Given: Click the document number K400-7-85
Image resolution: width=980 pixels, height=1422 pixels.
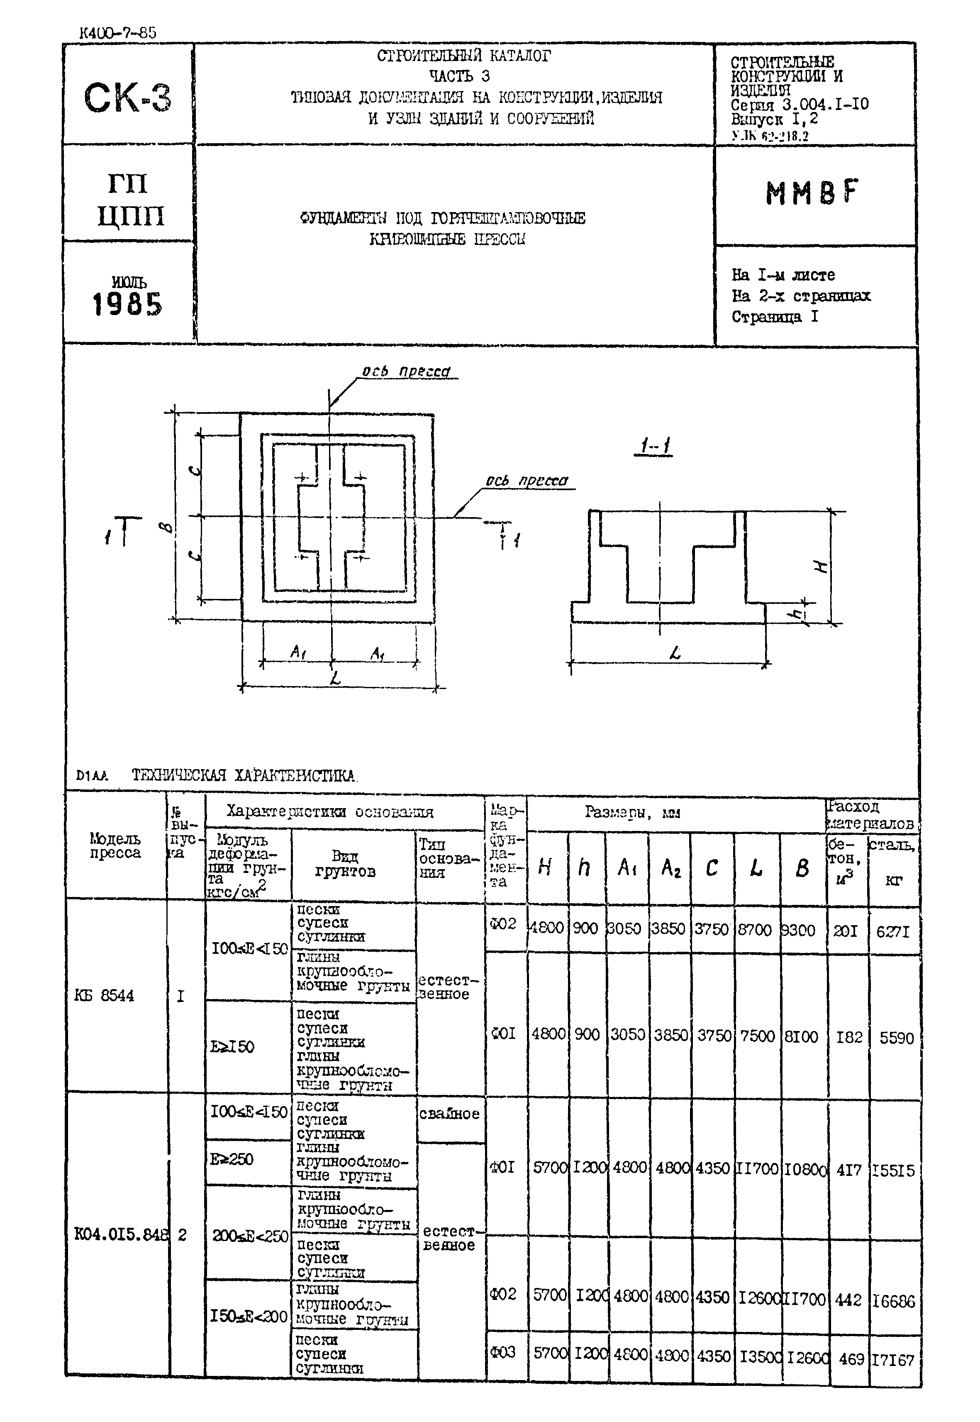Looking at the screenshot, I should (x=118, y=32).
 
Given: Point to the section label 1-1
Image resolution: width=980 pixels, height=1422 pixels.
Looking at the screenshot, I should (x=654, y=445).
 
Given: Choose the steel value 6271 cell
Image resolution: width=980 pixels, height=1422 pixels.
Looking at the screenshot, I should (x=893, y=932).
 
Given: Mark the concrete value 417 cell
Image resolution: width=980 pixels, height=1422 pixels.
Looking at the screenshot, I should (x=849, y=1170).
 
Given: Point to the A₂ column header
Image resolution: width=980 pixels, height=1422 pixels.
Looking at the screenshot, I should (x=670, y=868).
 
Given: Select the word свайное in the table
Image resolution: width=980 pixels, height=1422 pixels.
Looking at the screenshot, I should (x=449, y=1114).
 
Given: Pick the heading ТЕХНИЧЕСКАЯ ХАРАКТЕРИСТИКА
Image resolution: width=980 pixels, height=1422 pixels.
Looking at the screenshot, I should (x=244, y=775).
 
